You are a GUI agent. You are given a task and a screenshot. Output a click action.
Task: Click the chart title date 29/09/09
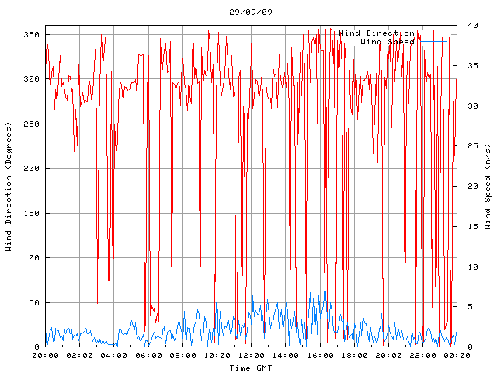click(251, 12)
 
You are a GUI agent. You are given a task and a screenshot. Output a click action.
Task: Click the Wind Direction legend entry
click(377, 33)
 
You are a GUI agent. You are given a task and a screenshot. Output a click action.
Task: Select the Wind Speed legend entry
click(388, 41)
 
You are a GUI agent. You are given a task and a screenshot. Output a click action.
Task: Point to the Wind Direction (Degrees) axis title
click(9, 186)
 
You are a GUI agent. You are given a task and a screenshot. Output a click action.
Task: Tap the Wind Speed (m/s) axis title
click(488, 186)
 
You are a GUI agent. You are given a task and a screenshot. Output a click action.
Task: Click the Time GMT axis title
click(250, 367)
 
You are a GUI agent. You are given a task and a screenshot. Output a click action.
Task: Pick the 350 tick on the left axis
click(31, 35)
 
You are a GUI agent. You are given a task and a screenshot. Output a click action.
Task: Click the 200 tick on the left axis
click(31, 169)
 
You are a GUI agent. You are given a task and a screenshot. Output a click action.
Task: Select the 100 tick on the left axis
click(31, 258)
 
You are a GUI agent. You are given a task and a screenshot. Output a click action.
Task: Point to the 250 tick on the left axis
click(31, 124)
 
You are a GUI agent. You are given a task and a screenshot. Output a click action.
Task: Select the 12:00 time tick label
click(251, 355)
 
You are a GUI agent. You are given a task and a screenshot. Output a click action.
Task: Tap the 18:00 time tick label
click(353, 355)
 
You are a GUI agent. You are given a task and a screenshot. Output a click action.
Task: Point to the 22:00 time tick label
click(422, 355)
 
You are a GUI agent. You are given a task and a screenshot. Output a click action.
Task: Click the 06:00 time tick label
click(148, 355)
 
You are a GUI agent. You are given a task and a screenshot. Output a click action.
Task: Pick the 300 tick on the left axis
click(31, 79)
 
